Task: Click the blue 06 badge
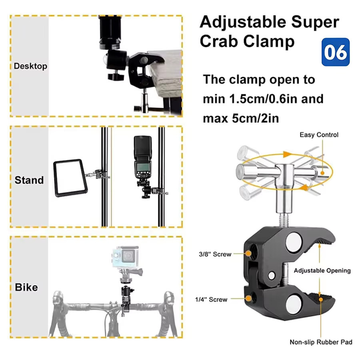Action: [x=336, y=52]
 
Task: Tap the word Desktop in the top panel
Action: [x=30, y=66]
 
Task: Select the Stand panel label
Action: [x=29, y=180]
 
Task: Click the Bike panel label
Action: [x=26, y=287]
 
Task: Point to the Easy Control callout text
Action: [x=319, y=135]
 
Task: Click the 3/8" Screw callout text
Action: [x=215, y=254]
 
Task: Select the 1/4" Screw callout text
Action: [x=211, y=299]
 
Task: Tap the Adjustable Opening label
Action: [x=322, y=271]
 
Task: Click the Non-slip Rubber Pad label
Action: [x=321, y=342]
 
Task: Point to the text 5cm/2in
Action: [x=255, y=118]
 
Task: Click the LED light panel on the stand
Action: [x=71, y=178]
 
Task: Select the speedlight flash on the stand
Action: [x=142, y=158]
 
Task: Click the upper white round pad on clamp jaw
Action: [x=294, y=243]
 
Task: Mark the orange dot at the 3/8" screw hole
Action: [x=248, y=254]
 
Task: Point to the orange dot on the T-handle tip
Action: [x=322, y=173]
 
